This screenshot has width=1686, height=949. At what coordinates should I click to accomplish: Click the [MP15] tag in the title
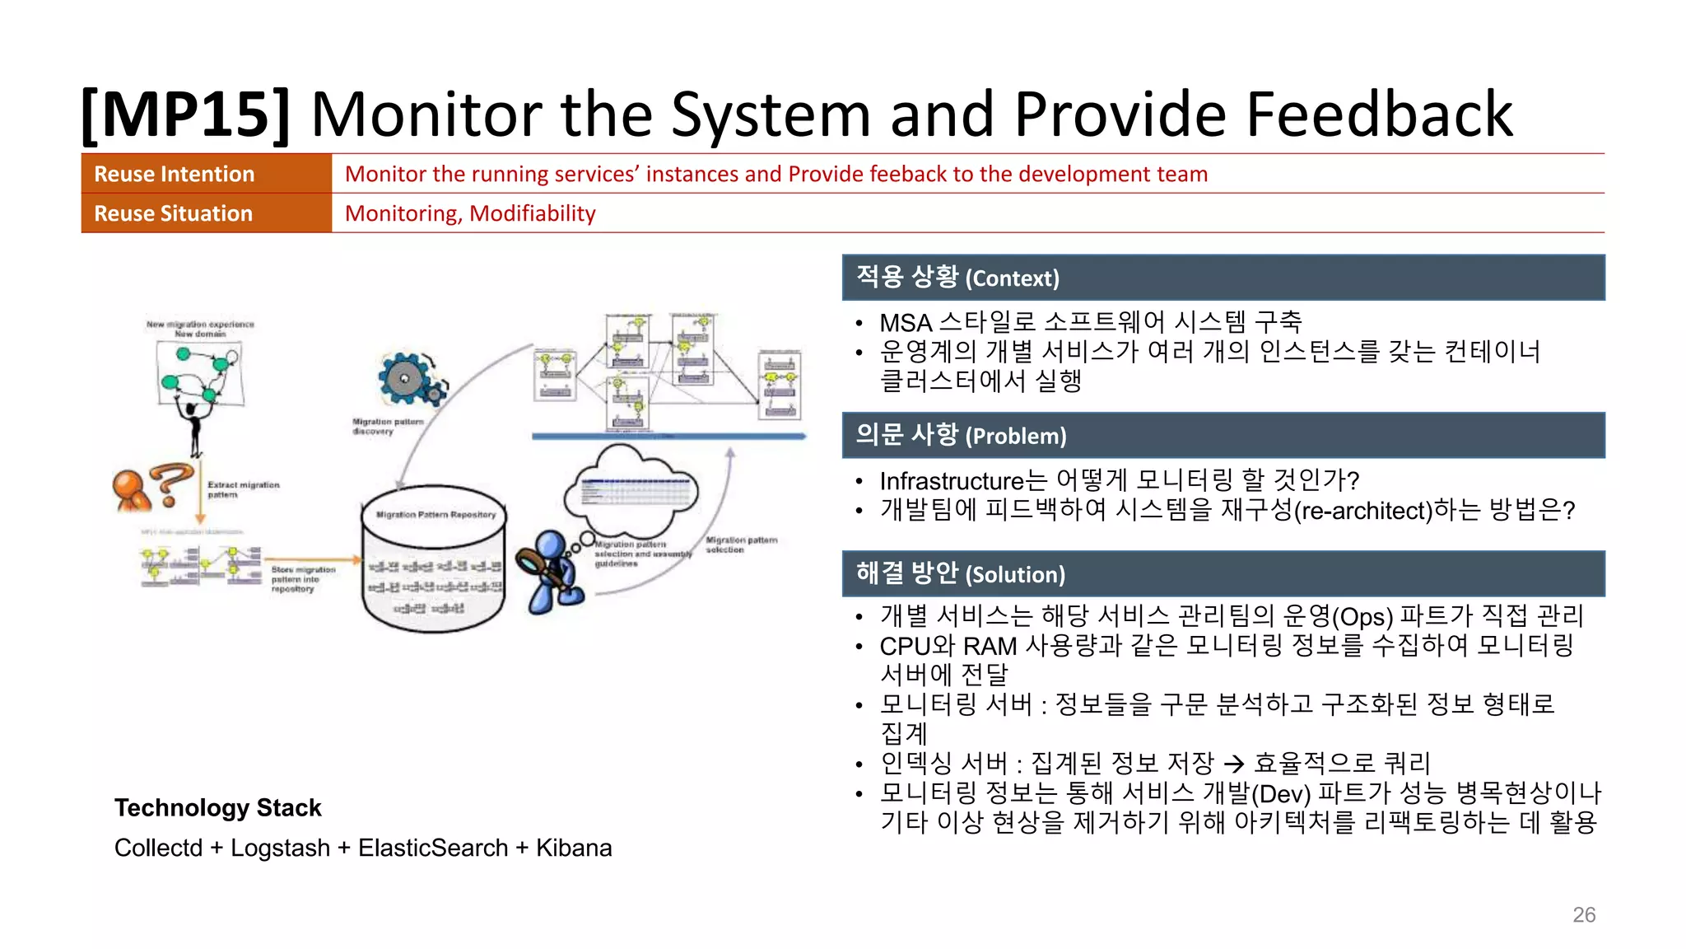tap(186, 115)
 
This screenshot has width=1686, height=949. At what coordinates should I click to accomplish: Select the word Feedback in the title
tap(1379, 115)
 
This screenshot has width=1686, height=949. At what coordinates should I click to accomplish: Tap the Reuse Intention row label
tap(175, 174)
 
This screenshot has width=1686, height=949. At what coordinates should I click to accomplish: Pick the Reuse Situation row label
tap(174, 213)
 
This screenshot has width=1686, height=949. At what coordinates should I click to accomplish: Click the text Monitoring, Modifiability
tap(470, 213)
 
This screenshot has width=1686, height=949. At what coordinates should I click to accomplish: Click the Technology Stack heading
tap(217, 807)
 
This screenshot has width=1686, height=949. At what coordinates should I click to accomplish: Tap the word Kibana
tap(574, 848)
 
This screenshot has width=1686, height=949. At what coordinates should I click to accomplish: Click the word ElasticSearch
tap(433, 848)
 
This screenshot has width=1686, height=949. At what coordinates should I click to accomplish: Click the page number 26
tap(1583, 914)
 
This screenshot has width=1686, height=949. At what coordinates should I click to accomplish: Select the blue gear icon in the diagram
tap(409, 380)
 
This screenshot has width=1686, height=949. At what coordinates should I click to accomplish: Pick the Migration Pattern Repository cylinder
tap(434, 560)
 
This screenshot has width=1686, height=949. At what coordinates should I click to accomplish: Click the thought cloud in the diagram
tap(630, 489)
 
